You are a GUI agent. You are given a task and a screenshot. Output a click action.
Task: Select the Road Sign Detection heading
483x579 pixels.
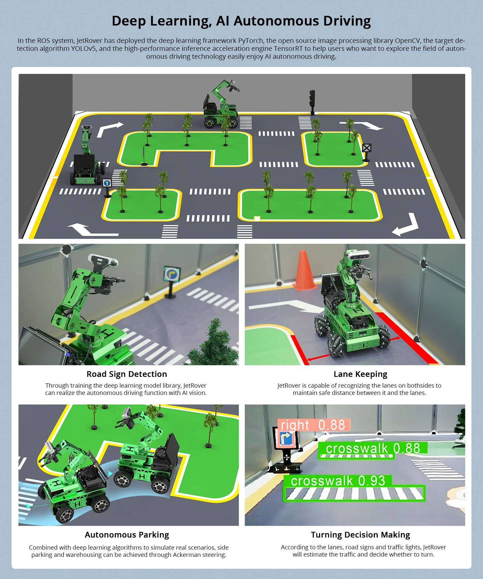[127, 374]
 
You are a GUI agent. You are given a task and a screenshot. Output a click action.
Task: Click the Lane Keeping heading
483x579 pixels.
[360, 374]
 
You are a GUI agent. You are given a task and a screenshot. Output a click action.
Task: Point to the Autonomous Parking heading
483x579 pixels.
[127, 535]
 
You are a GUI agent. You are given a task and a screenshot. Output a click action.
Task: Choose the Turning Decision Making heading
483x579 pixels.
[360, 535]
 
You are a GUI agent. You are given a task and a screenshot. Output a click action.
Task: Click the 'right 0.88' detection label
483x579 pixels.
[313, 425]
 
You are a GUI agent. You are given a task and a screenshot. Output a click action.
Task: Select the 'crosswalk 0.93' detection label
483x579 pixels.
[338, 481]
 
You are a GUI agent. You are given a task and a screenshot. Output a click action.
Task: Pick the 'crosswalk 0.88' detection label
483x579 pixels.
[373, 448]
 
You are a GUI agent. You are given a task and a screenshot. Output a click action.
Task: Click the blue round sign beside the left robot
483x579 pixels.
[107, 183]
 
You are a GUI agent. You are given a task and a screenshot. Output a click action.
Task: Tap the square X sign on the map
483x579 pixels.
[367, 148]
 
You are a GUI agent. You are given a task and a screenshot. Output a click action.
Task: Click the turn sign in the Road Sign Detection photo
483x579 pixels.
[172, 274]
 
